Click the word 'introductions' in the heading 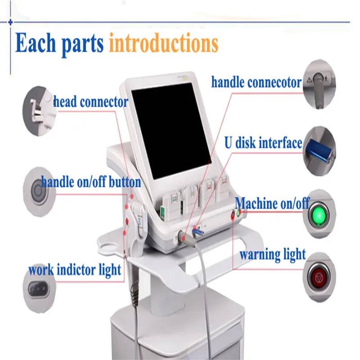163,44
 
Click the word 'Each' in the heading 35,43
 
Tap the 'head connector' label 91,102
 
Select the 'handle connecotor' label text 256,82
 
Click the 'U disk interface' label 263,144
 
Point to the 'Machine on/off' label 272,203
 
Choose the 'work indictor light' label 75,270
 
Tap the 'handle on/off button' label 91,182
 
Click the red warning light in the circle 319,275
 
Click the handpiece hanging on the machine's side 139,225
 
